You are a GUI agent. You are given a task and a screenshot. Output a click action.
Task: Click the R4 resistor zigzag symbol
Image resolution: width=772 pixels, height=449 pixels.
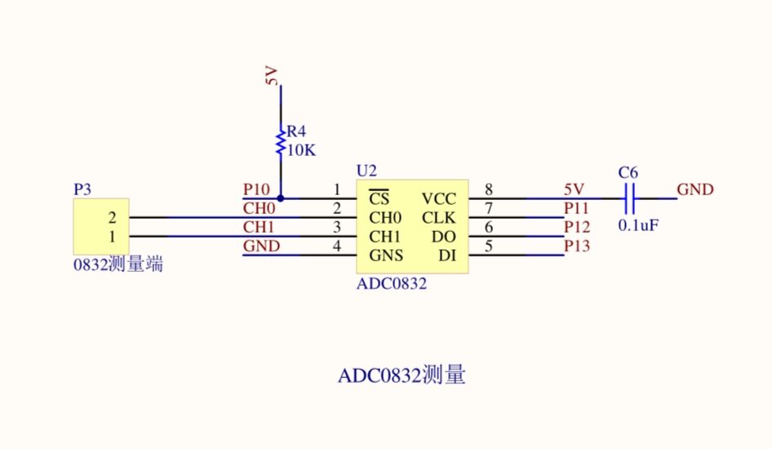pyautogui.click(x=281, y=140)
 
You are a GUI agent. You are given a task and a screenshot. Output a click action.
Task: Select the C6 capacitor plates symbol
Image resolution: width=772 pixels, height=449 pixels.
pyautogui.click(x=628, y=198)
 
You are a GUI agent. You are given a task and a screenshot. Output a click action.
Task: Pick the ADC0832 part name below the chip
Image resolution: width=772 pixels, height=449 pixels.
pyautogui.click(x=392, y=284)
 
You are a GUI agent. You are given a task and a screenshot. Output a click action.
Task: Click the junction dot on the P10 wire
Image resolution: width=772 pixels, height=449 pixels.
pyautogui.click(x=281, y=198)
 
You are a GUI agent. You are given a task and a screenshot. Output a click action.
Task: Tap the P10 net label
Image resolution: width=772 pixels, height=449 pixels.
pyautogui.click(x=256, y=189)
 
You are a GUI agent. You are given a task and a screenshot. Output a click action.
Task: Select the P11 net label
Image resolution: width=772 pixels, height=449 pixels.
pyautogui.click(x=576, y=208)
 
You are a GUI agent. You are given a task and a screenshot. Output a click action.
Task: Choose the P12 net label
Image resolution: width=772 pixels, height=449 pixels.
pyautogui.click(x=576, y=227)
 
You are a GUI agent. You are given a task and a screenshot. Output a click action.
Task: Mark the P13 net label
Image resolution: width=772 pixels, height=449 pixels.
pyautogui.click(x=576, y=246)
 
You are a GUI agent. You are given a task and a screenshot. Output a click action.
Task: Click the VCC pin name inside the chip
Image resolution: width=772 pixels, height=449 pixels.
pyautogui.click(x=439, y=198)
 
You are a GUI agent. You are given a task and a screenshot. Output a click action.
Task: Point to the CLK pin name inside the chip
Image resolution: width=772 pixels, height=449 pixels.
pyautogui.click(x=438, y=217)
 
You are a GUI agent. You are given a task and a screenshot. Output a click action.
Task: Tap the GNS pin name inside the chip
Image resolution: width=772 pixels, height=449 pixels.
pyautogui.click(x=387, y=256)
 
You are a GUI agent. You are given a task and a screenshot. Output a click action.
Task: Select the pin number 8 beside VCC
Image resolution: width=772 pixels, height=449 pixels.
pyautogui.click(x=489, y=189)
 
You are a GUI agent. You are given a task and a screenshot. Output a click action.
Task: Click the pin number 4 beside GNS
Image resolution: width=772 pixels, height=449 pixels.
pyautogui.click(x=336, y=247)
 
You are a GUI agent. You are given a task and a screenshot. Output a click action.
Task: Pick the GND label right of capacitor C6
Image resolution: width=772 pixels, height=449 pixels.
pyautogui.click(x=695, y=189)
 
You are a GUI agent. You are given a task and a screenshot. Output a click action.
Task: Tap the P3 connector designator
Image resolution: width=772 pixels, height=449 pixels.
pyautogui.click(x=82, y=189)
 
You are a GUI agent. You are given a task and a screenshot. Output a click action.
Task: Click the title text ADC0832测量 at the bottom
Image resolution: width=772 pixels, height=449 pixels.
pyautogui.click(x=402, y=376)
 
